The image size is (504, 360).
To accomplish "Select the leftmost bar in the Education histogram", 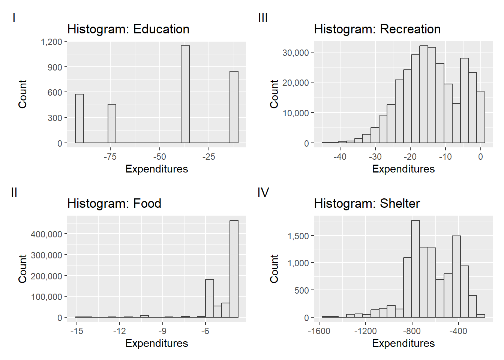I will coord(79,118).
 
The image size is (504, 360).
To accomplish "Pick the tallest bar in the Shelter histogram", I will coord(415,269).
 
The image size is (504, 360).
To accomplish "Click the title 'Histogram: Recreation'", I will coord(377,29).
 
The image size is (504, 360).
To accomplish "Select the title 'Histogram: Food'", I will coord(114,204).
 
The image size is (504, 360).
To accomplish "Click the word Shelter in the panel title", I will coord(400,204).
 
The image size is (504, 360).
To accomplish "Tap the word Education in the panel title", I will coord(161,29).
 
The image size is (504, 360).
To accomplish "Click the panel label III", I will coord(263,18).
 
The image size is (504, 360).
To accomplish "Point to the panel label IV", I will coord(263,192).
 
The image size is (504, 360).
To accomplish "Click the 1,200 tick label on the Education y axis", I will coord(51,42).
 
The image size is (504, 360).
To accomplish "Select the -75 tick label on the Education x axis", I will coord(110,157).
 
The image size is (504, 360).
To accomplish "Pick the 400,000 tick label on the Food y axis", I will coord(46,234).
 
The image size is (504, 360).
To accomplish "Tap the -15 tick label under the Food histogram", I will coord(76,331).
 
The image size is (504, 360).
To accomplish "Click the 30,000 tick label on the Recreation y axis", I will coord(295,52).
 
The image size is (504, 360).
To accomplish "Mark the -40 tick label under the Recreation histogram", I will coord(340,157).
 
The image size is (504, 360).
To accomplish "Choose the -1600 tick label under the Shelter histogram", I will coord(319,331).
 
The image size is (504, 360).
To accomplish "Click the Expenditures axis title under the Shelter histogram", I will coord(403,343).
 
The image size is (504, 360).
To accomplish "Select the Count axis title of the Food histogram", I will coord(22,268).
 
